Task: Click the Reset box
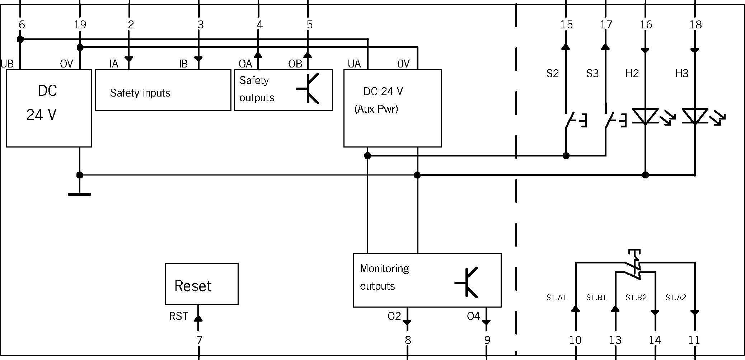201,284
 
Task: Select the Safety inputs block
163,90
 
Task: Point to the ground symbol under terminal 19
80,194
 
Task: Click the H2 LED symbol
645,117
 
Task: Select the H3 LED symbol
695,117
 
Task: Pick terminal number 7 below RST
199,340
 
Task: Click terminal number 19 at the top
80,25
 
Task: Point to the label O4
473,316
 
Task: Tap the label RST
178,316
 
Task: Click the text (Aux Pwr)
376,109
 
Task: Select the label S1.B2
636,298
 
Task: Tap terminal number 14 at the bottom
655,340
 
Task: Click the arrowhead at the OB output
308,55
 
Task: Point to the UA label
354,64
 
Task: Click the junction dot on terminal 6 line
20,39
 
